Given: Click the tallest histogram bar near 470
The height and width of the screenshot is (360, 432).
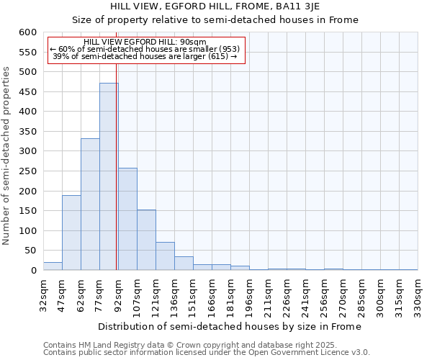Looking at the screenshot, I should pyautogui.click(x=109, y=176).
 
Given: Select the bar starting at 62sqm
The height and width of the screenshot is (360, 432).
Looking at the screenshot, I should pyautogui.click(x=90, y=204).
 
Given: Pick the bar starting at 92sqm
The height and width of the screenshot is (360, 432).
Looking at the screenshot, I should pyautogui.click(x=127, y=219).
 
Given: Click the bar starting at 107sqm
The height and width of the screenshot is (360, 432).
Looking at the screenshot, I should pyautogui.click(x=146, y=240).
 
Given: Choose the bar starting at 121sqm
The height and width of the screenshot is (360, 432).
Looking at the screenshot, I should pyautogui.click(x=165, y=256).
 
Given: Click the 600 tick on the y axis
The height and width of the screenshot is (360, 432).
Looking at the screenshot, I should pyautogui.click(x=27, y=32).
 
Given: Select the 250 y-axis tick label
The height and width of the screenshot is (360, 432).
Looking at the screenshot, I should pyautogui.click(x=27, y=171).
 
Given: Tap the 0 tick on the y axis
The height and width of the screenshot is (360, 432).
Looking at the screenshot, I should pyautogui.click(x=33, y=271).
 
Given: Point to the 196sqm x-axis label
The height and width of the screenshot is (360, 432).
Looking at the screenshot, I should pyautogui.click(x=249, y=296).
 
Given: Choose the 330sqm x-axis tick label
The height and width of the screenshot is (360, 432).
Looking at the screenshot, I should pyautogui.click(x=418, y=296).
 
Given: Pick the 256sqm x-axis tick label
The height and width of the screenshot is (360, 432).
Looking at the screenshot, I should pyautogui.click(x=324, y=296).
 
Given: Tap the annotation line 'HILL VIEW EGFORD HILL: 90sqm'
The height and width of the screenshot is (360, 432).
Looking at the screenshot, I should pyautogui.click(x=145, y=42).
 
